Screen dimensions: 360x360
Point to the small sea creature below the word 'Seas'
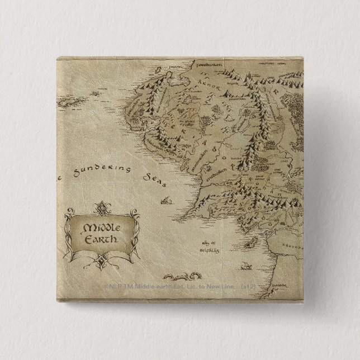click(166, 199)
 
